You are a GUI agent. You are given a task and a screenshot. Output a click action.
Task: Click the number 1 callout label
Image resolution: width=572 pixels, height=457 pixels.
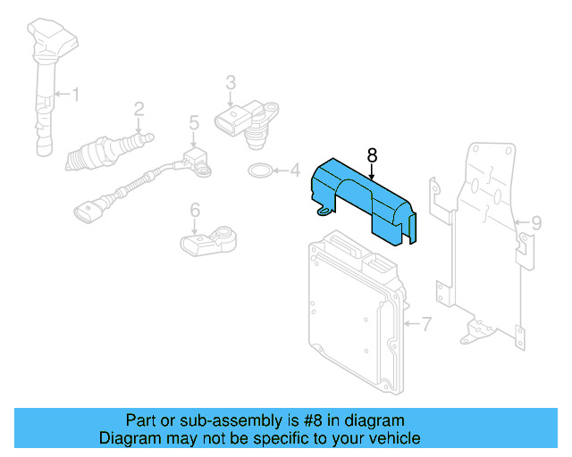coord(75,94)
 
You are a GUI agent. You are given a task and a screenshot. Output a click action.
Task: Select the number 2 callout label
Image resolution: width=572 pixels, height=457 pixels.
coord(139,110)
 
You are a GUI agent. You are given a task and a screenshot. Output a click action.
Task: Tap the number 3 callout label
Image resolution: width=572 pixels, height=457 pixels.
coord(230,83)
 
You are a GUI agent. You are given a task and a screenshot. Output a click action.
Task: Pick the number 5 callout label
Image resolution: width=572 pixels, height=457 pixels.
coord(192,124)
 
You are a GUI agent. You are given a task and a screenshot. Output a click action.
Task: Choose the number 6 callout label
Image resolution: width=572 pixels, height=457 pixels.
coord(194,212)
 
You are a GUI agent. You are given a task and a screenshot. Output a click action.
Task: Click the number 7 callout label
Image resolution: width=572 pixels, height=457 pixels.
coord(425,322)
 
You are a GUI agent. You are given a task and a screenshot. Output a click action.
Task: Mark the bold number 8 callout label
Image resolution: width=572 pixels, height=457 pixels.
coord(372,154)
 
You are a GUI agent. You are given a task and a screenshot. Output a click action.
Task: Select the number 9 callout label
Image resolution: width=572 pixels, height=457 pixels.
coord(536,222)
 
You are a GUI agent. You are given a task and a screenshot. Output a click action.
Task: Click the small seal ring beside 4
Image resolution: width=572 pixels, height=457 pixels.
coord(259,170)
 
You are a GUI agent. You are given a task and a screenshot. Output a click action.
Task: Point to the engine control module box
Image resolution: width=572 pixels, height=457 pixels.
coord(353,308)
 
